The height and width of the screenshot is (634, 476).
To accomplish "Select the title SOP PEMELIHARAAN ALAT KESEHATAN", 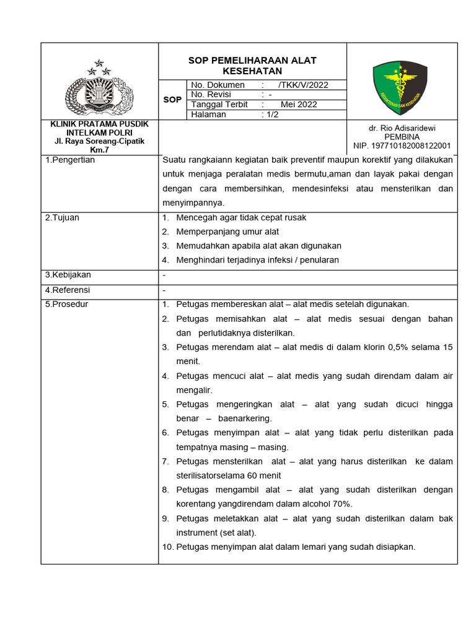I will point(252,66).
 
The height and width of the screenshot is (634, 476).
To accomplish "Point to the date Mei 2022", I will point(298,105).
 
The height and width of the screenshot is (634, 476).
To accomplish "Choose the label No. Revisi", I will point(211,95).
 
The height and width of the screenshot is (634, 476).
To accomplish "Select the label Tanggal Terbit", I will point(219,105).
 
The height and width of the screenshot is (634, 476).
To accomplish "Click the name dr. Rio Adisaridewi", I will point(402,128).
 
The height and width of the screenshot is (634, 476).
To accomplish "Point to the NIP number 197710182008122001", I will point(402,146).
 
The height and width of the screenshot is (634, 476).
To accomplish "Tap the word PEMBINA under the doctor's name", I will point(402,137).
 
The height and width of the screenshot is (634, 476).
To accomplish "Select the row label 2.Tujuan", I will point(62,218).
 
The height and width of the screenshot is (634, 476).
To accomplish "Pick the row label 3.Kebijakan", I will point(68,275).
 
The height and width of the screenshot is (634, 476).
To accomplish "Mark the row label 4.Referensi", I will point(68,290).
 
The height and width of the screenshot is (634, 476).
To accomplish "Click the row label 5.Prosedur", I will point(67,304).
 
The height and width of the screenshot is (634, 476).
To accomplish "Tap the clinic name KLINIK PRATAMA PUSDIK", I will point(99,124).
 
